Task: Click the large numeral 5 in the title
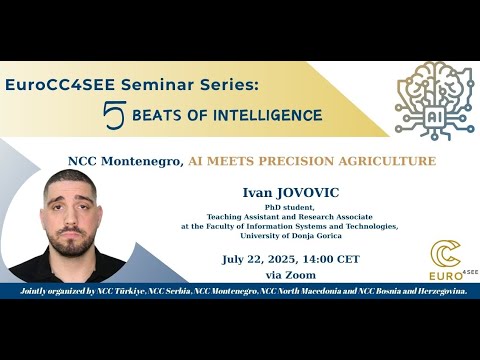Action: (x=114, y=115)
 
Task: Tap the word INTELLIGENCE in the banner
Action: (x=268, y=115)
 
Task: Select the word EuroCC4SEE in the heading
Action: (x=60, y=85)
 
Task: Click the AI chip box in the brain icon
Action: (x=435, y=117)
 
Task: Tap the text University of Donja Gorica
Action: (x=291, y=236)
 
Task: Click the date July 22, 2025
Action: (x=259, y=259)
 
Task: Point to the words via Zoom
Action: (x=291, y=275)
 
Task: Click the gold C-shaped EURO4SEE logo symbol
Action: (x=446, y=254)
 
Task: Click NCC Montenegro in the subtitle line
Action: (x=126, y=161)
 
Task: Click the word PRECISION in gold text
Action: (x=296, y=161)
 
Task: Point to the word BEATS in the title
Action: (x=157, y=115)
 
